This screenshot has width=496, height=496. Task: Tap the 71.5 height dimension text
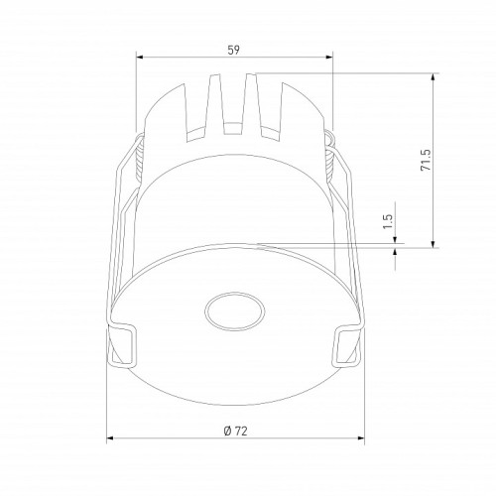[x=424, y=161]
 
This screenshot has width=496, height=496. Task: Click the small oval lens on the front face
[x=232, y=311]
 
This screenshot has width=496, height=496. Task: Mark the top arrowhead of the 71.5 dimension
[x=434, y=76]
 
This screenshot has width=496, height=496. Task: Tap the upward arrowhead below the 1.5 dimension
[x=396, y=251]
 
